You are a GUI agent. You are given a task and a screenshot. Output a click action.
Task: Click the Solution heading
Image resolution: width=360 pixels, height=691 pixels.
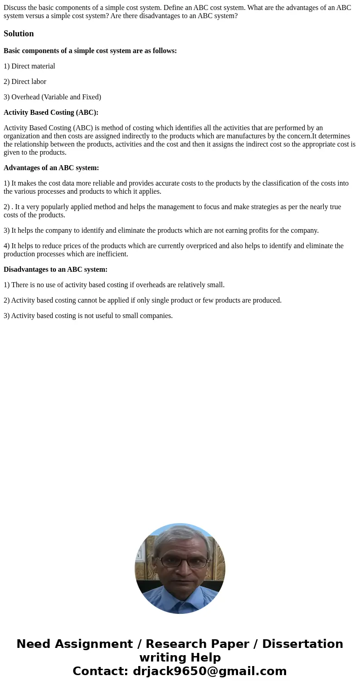click(19, 34)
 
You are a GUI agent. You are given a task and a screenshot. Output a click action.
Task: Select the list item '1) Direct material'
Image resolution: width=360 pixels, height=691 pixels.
click(29, 66)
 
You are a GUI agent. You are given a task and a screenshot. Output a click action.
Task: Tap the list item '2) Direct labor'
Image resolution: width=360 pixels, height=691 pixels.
click(25, 82)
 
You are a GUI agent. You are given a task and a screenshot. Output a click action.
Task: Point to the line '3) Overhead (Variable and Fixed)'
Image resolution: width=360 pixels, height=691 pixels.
click(52, 97)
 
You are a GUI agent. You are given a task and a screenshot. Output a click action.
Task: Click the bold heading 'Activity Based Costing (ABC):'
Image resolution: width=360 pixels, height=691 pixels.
click(51, 113)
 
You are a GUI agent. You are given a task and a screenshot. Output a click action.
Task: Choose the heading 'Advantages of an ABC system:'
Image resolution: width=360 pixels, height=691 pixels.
click(51, 168)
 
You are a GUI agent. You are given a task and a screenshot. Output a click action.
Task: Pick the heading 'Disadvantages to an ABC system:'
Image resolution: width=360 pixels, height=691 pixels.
click(55, 270)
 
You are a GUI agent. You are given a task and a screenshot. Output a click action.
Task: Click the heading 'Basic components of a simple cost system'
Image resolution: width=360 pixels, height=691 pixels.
click(90, 51)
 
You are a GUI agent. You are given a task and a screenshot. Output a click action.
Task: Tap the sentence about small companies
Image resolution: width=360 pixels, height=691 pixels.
click(88, 316)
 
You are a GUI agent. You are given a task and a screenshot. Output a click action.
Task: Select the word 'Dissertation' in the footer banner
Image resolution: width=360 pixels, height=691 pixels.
click(302, 644)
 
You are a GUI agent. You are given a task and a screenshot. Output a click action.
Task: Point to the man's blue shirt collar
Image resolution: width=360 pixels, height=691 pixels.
click(181, 598)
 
